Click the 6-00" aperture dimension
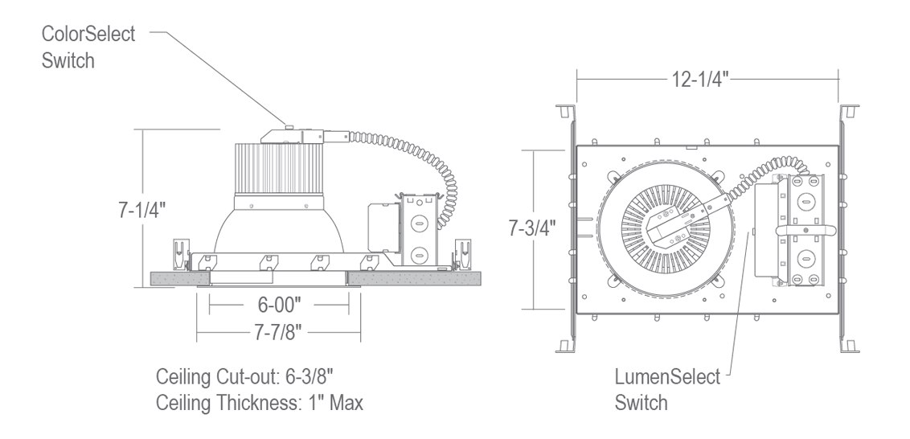(278, 304)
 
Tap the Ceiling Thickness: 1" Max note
(260, 402)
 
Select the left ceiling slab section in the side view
(172, 277)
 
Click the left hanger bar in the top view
(571, 229)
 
